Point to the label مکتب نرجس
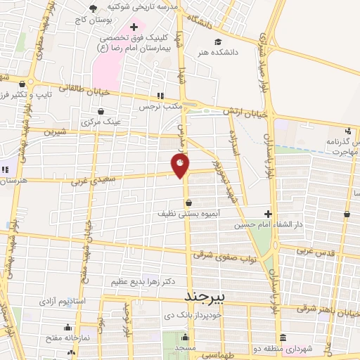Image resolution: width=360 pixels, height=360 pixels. pyautogui.click(x=159, y=107)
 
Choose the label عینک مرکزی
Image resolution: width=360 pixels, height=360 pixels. pyautogui.click(x=101, y=122)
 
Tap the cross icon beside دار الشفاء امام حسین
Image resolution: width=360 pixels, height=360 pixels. pyautogui.click(x=268, y=214)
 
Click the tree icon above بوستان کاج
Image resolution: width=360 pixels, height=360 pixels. pyautogui.click(x=92, y=8)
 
